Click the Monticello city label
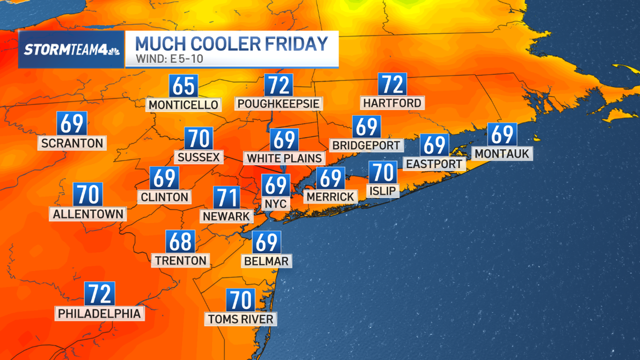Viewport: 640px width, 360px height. click(x=183, y=104)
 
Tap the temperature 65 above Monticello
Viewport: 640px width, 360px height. click(x=183, y=86)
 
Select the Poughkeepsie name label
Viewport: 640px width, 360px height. click(x=278, y=103)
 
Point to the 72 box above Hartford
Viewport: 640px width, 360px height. click(x=392, y=85)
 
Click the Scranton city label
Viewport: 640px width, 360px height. click(x=72, y=143)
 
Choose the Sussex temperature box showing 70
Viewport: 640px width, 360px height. click(x=199, y=139)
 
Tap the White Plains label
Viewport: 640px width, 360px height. click(x=284, y=158)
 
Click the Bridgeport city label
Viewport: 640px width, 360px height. click(x=366, y=145)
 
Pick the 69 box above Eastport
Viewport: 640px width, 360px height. click(x=434, y=145)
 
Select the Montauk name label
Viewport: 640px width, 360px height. click(x=502, y=153)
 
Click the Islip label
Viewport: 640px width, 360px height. click(x=383, y=191)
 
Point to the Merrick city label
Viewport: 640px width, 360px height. click(x=330, y=196)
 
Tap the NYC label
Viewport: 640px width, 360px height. click(x=276, y=203)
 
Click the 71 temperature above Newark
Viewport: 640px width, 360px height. click(x=227, y=197)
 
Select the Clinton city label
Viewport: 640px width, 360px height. click(x=164, y=197)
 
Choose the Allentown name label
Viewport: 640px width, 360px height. click(x=88, y=214)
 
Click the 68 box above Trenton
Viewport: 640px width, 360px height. click(x=180, y=242)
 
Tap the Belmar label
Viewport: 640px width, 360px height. click(x=267, y=261)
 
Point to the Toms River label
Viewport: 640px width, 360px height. click(x=240, y=319)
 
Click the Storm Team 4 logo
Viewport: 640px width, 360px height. click(x=72, y=50)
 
